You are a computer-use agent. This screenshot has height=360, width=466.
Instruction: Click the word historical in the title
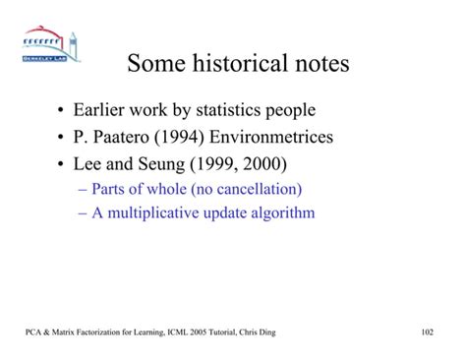pos(240,67)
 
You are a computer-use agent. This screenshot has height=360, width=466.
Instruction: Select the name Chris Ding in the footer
pos(258,333)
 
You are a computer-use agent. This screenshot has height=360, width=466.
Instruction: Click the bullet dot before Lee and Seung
pos(63,161)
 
